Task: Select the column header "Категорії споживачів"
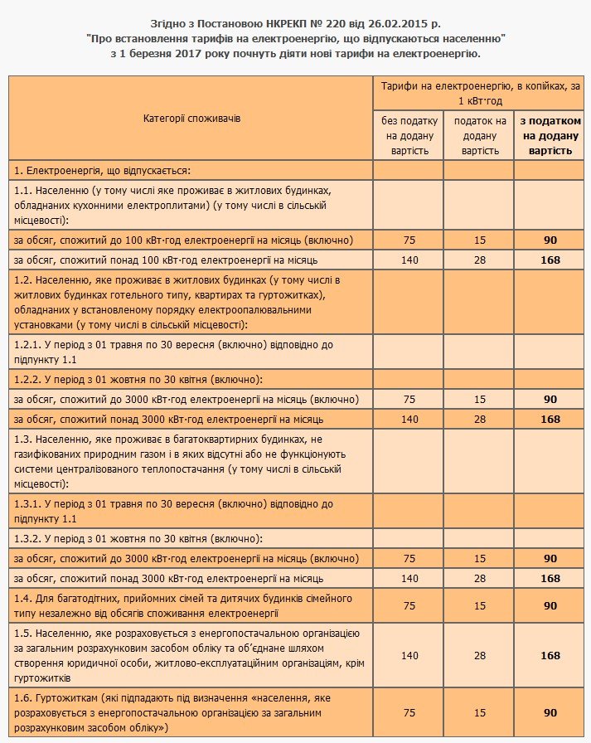point(191,119)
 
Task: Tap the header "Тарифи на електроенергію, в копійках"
point(479,93)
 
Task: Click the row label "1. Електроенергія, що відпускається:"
point(103,170)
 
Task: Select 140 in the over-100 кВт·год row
point(409,260)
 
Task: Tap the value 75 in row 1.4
point(409,605)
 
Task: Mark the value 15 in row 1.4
point(479,605)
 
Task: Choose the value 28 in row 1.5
point(479,655)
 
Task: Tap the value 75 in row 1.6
point(409,712)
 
